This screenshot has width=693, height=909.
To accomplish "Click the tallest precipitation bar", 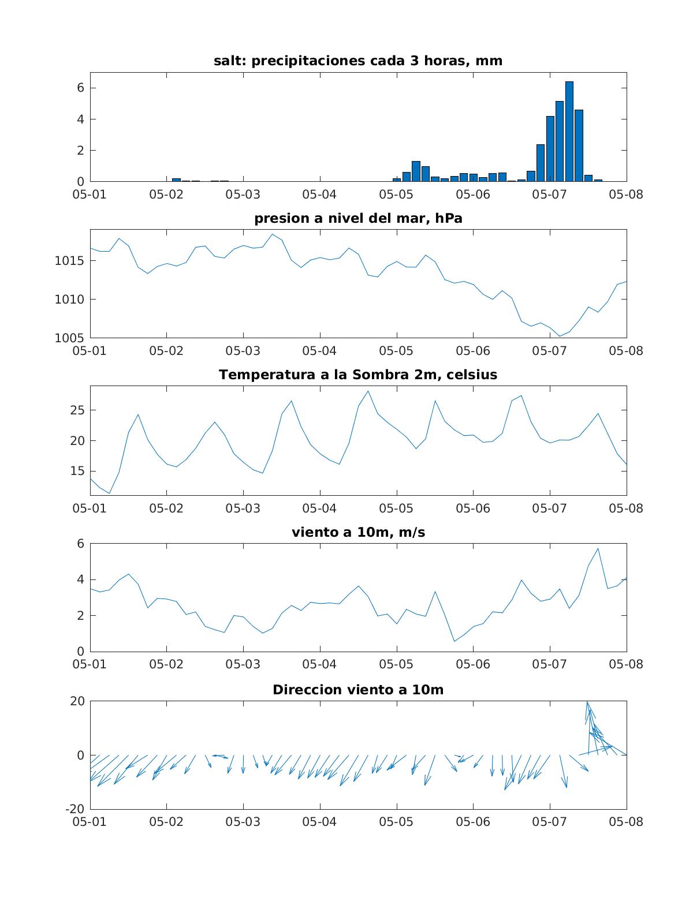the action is pyautogui.click(x=569, y=131).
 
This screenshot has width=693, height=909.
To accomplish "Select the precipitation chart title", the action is pyautogui.click(x=358, y=61).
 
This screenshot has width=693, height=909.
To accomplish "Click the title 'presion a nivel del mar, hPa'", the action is pyautogui.click(x=358, y=218).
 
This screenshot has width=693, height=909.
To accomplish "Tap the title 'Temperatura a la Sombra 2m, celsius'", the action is pyautogui.click(x=358, y=375).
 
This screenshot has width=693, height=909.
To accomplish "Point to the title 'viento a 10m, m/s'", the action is pyautogui.click(x=358, y=532).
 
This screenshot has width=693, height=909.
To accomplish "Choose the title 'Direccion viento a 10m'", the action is pyautogui.click(x=358, y=690).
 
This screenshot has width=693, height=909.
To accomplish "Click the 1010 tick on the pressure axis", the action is pyautogui.click(x=69, y=300).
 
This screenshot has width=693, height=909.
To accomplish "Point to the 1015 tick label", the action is pyautogui.click(x=69, y=261).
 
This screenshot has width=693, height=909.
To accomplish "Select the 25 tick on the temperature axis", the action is pyautogui.click(x=77, y=410).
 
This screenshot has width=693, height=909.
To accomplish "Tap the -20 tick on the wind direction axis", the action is pyautogui.click(x=74, y=809).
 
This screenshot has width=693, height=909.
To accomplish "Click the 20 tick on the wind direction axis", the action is pyautogui.click(x=77, y=701).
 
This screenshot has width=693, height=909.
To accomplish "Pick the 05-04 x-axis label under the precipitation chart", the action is pyautogui.click(x=319, y=194).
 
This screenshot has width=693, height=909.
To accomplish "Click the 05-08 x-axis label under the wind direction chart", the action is pyautogui.click(x=626, y=822).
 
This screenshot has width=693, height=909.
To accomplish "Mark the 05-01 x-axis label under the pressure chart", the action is pyautogui.click(x=90, y=351).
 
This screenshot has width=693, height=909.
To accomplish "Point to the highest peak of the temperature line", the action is pyautogui.click(x=368, y=391).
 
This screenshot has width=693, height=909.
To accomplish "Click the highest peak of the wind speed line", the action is pyautogui.click(x=598, y=549).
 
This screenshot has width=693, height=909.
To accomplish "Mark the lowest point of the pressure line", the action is pyautogui.click(x=560, y=336).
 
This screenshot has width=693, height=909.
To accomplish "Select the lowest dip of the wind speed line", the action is pyautogui.click(x=454, y=641).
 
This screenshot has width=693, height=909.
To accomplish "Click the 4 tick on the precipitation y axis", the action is pyautogui.click(x=80, y=119).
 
